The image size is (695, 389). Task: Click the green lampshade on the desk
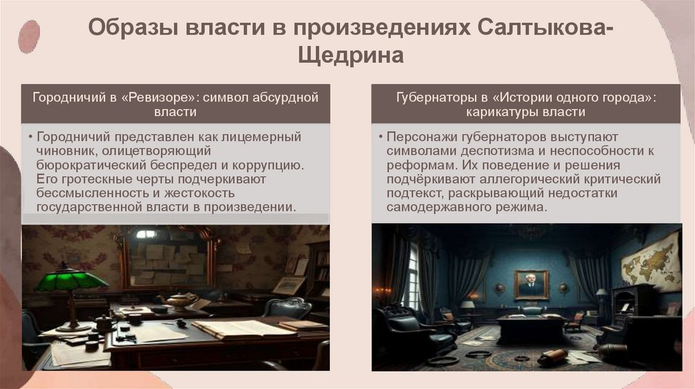tap(71, 279)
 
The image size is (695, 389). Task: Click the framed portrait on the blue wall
tap(531, 285)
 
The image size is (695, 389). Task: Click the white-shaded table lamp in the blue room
tap(467, 306)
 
